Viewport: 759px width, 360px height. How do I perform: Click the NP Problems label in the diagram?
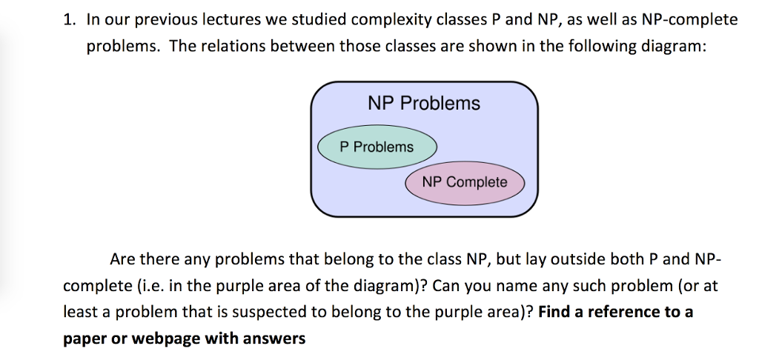tap(424, 104)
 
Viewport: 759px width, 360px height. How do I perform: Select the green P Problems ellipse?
tap(377, 147)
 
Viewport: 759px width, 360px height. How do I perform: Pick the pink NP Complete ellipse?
tap(465, 182)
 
